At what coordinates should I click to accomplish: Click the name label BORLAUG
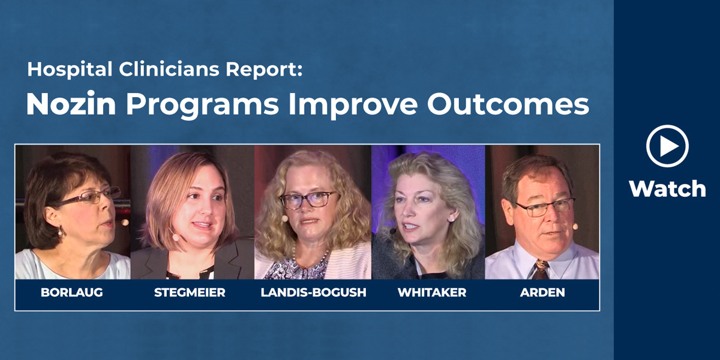(71, 293)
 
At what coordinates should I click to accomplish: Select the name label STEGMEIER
(190, 293)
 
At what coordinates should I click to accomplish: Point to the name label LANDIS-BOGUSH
(313, 293)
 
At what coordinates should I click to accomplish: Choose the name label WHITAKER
(431, 293)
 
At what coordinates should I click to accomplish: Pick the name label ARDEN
(542, 293)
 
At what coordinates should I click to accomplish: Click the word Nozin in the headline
(71, 103)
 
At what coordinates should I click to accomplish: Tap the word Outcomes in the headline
(508, 103)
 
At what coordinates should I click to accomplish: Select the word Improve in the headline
(353, 106)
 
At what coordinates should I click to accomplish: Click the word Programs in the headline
(202, 106)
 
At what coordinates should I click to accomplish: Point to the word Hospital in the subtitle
(70, 70)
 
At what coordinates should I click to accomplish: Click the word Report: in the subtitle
(264, 70)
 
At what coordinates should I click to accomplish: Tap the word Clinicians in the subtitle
(169, 69)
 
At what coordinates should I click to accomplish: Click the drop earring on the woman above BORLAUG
(60, 231)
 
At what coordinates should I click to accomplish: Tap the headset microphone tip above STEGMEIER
(175, 237)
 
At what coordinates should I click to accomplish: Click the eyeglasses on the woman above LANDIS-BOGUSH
(308, 200)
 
